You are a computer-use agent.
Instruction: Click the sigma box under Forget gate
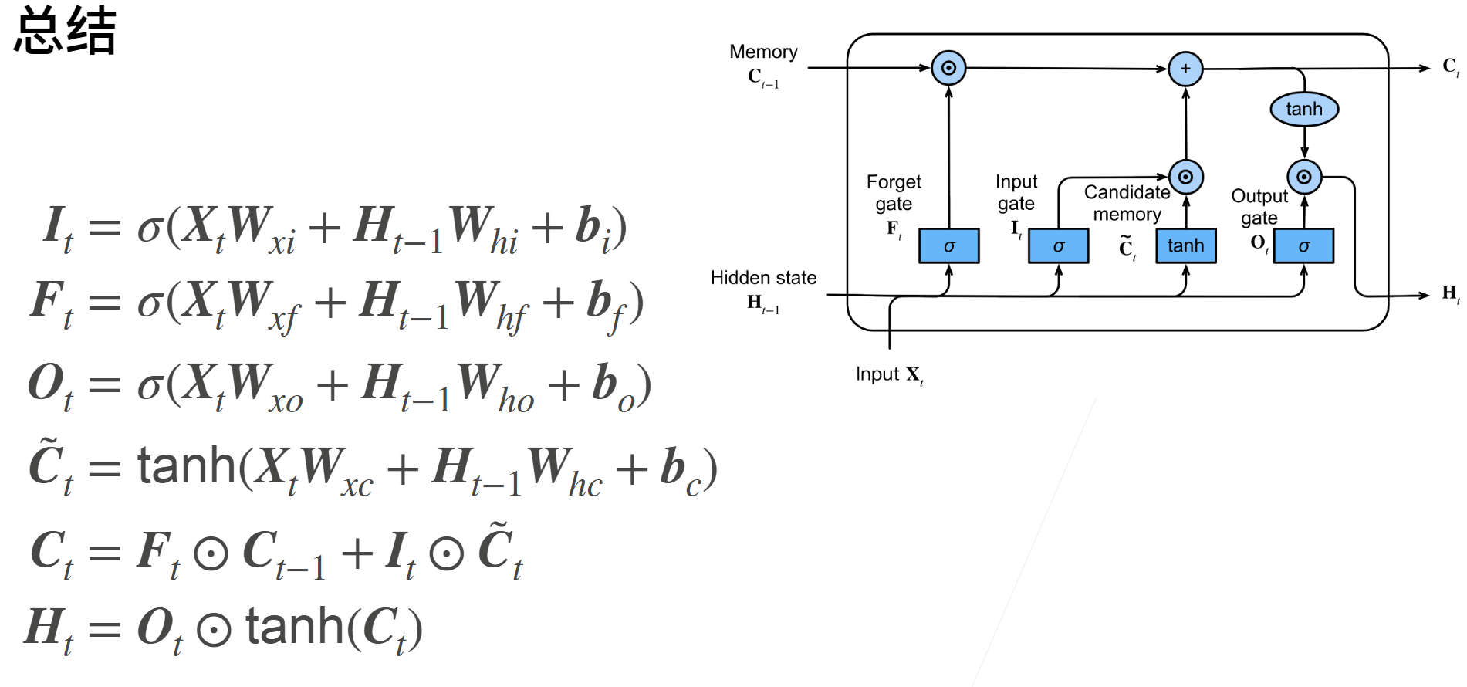tap(948, 246)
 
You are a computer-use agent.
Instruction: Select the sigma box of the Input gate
tap(1058, 246)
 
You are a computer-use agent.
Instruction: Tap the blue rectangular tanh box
tap(1185, 246)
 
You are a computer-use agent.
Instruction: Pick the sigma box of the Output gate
tap(1303, 246)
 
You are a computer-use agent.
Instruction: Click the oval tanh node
tap(1304, 109)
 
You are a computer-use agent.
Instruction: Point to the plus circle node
tap(1185, 69)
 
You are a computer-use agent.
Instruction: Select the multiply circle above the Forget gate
tap(948, 68)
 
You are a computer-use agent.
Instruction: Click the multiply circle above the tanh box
tap(1186, 177)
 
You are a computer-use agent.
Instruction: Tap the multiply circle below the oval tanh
tap(1304, 177)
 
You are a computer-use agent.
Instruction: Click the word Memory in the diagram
tap(763, 52)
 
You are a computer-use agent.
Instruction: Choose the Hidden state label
tap(763, 278)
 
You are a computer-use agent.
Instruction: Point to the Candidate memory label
tap(1127, 203)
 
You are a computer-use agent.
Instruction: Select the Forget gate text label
tap(894, 193)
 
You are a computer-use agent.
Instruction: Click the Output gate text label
tap(1259, 207)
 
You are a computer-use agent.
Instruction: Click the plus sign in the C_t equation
tap(357, 553)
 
